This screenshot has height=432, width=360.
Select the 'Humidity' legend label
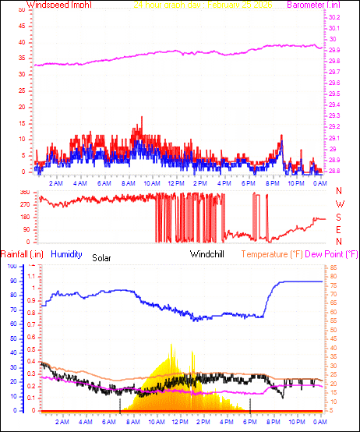[67, 253]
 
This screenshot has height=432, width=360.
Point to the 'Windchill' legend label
[207, 254]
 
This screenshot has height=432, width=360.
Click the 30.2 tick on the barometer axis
[334, 17]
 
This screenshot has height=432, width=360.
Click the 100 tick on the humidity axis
[11, 267]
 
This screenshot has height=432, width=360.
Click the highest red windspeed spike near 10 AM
[141, 118]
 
